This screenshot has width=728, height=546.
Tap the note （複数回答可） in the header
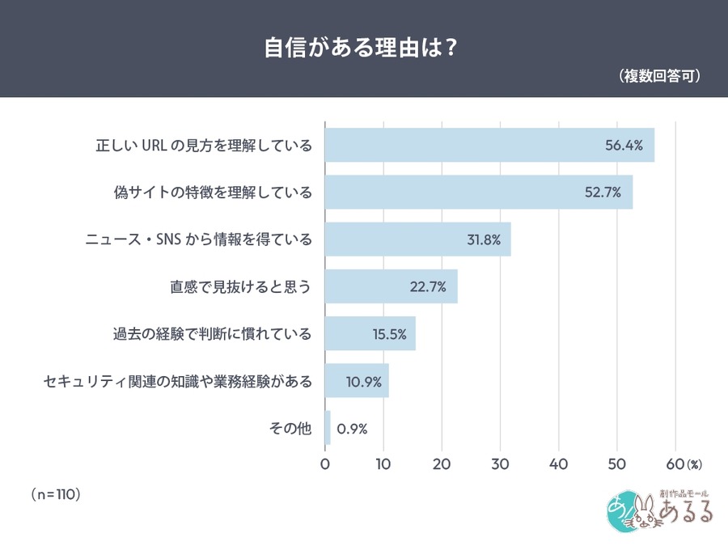click(x=659, y=76)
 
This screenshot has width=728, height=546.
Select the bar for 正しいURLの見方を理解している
click(x=489, y=146)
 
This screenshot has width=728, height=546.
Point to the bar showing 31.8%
click(x=417, y=239)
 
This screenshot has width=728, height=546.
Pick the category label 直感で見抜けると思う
click(x=240, y=286)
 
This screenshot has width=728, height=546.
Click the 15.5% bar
click(x=370, y=333)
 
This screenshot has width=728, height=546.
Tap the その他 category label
click(x=290, y=428)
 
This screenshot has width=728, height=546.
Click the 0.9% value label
click(x=352, y=428)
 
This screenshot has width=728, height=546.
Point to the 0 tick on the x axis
click(x=325, y=464)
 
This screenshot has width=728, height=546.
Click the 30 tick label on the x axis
click(x=500, y=464)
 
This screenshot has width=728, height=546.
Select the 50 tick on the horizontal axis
click(x=616, y=464)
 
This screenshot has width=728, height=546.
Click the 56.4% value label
click(x=624, y=146)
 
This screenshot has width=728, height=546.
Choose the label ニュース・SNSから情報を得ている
click(x=199, y=239)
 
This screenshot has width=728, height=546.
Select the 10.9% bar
click(x=357, y=381)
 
